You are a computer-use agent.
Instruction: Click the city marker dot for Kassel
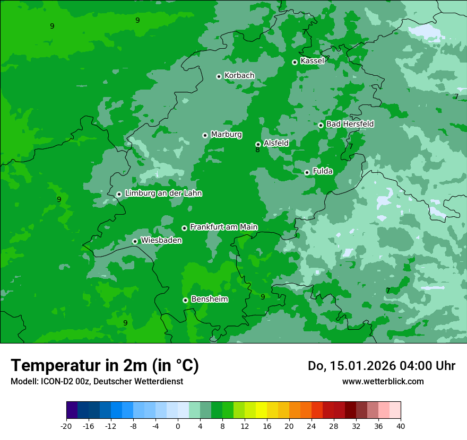pos(295,62)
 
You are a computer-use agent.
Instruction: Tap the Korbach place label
pos(239,76)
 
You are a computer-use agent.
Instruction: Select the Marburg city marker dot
pos(205,135)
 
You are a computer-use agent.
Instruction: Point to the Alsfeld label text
pos(276,143)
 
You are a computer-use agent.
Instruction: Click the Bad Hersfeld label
pos(350,124)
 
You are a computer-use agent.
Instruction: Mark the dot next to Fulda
pos(307,172)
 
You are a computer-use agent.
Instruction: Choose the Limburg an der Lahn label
pos(163,193)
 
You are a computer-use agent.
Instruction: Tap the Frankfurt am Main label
pos(223,227)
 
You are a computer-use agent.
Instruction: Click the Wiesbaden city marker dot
pos(135,241)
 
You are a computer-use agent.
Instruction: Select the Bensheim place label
pos(209,300)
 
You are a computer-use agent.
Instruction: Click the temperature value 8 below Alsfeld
pos(257,150)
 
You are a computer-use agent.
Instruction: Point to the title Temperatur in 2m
pos(105,365)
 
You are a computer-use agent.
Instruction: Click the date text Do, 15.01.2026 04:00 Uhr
pos(381,366)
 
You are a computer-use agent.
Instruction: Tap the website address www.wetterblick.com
pos(383,381)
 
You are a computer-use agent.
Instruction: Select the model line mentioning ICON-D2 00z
pos(97,381)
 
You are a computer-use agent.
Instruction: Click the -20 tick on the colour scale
pos(66,426)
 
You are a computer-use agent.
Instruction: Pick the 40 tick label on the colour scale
pos(401,426)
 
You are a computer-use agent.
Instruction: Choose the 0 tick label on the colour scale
pos(178,426)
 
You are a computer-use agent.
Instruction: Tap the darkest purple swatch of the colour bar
pos(72,410)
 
